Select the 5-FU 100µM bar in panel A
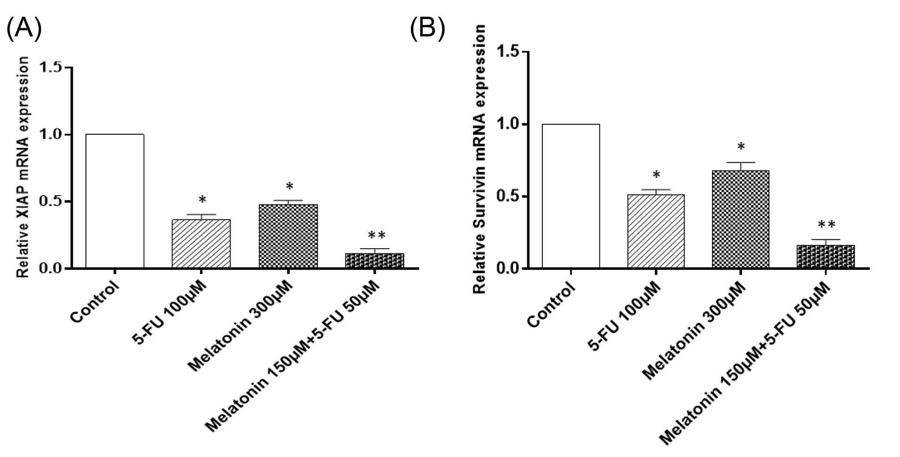pyautogui.click(x=201, y=244)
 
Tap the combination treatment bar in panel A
pyautogui.click(x=374, y=261)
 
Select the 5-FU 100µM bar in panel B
pyautogui.click(x=655, y=231)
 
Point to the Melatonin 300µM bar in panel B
pyautogui.click(x=741, y=220)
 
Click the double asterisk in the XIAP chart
pyautogui.click(x=376, y=236)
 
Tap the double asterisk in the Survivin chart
pyautogui.click(x=827, y=225)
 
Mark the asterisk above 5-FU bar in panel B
pyautogui.click(x=656, y=176)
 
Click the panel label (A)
pyautogui.click(x=24, y=29)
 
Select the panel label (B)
pyautogui.click(x=427, y=29)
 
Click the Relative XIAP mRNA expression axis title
pyautogui.click(x=23, y=167)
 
